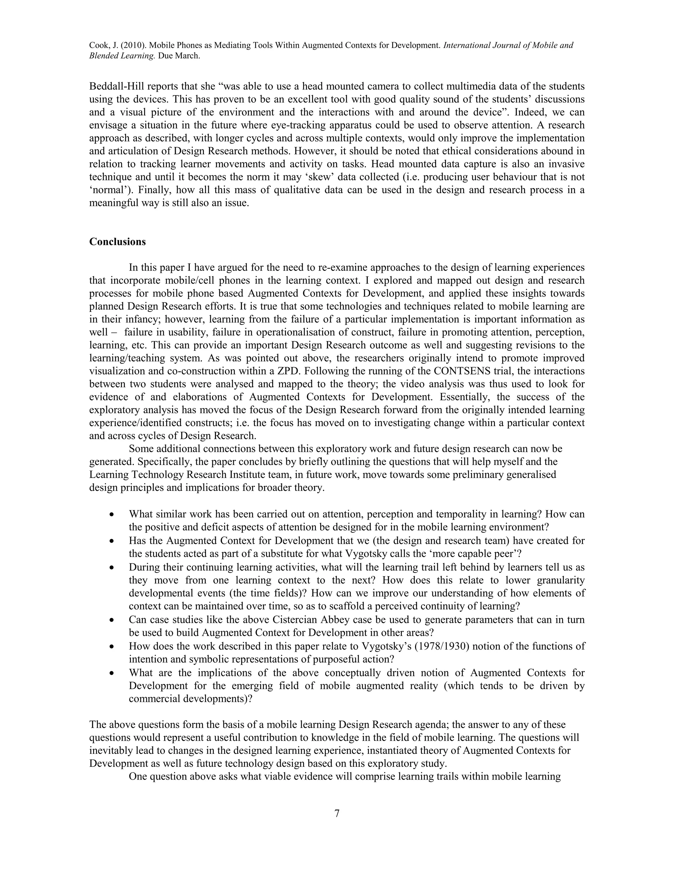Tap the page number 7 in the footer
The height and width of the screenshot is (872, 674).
coord(337,813)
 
